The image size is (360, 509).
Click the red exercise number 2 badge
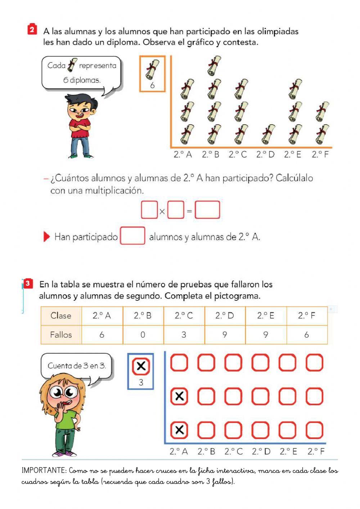pos(32,30)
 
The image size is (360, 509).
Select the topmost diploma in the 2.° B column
pos(214,65)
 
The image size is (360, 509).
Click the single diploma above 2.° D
pos(268,134)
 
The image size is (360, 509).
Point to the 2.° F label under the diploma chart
pos(320,155)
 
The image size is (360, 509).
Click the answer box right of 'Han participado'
pos(132,236)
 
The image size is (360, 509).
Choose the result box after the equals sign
pos(207,210)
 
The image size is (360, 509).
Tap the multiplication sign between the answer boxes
pos(162,211)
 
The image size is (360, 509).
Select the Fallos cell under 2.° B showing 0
pos(143,335)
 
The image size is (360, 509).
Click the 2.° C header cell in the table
pos(184,316)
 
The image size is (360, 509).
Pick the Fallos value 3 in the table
pos(184,335)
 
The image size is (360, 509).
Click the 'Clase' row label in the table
pos(61,316)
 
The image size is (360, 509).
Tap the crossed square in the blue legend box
pos(141,366)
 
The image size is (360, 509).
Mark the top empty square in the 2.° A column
pos(179,362)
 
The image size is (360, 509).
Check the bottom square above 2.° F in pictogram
pos(314,430)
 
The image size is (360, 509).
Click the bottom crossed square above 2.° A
pos(179,430)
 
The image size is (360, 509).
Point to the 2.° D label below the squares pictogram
pos(261,451)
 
